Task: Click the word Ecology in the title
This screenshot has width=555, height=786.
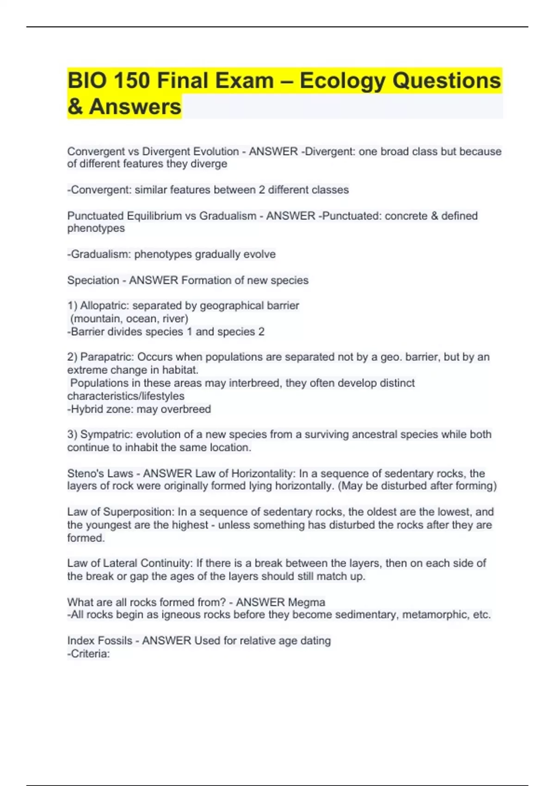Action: (x=342, y=81)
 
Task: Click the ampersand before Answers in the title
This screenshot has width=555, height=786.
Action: (x=75, y=107)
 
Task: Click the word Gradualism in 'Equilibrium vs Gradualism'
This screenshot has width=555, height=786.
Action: (x=228, y=216)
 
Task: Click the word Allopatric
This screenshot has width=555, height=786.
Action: (x=105, y=306)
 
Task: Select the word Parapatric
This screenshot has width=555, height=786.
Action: (x=107, y=357)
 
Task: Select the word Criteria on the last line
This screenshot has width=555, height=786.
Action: (x=89, y=654)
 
